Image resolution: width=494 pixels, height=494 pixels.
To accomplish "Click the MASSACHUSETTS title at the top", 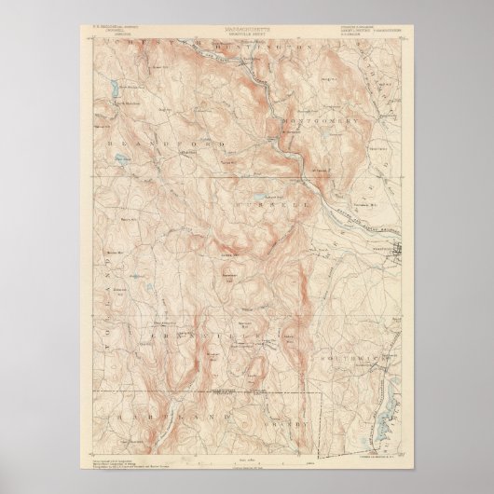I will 246,31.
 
